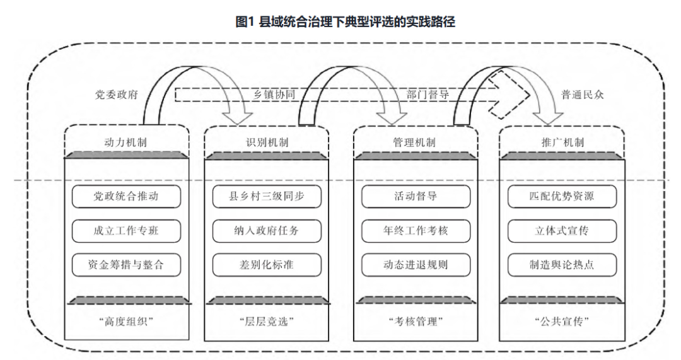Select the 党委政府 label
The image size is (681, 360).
115,95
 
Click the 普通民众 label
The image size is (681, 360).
582,95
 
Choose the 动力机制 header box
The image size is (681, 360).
127,142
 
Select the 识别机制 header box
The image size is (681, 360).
266,142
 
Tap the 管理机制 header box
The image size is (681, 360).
414,142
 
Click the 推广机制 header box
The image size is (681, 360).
561,142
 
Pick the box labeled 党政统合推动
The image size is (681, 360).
127,196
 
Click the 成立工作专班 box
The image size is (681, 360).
127,230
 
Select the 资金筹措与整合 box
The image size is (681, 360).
127,265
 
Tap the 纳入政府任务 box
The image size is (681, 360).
266,230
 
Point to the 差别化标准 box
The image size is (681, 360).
266,265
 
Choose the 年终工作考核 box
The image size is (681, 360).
414,230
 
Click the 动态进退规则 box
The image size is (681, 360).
414,265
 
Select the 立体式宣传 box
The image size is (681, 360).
561,230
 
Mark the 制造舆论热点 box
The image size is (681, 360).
561,265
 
